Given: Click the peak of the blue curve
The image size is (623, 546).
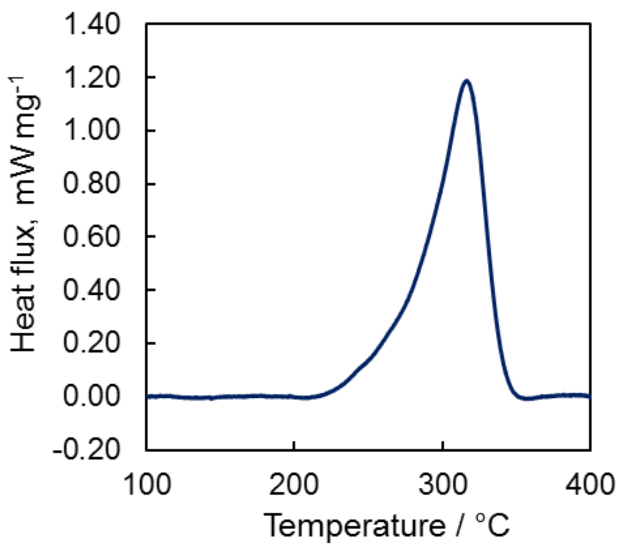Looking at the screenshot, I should [x=466, y=81].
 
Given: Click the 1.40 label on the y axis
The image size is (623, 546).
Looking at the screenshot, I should [x=92, y=24].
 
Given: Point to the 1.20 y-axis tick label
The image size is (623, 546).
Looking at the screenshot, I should [x=92, y=77].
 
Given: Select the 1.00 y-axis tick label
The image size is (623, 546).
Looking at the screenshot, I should [x=92, y=130].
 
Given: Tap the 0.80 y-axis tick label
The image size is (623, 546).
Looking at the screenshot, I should [x=92, y=183].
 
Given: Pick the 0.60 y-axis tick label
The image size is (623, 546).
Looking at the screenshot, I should [x=92, y=236].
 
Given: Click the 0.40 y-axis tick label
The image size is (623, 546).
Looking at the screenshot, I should [x=92, y=290].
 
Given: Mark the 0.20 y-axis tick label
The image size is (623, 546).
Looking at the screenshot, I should [x=92, y=343].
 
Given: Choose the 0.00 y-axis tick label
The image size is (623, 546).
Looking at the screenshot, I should [x=92, y=396].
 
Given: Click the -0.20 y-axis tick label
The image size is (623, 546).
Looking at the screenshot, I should [x=87, y=449].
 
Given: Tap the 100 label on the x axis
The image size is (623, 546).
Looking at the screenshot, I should [x=147, y=484].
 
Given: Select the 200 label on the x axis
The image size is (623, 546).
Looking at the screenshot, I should [x=294, y=484].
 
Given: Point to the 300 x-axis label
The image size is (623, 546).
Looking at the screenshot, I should [x=442, y=484].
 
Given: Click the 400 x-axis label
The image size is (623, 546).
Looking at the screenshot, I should [x=590, y=484].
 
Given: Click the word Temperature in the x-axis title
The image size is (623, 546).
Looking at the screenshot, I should [x=355, y=526].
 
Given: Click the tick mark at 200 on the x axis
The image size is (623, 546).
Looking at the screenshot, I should [x=294, y=446].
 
